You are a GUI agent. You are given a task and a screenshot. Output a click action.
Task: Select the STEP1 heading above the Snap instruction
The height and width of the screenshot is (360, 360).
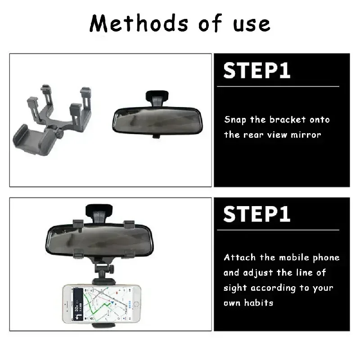click(257, 71)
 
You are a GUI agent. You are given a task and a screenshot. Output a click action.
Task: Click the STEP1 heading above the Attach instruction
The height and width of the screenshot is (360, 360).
click(257, 214)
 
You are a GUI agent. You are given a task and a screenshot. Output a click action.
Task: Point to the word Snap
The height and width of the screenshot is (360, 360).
click(235, 120)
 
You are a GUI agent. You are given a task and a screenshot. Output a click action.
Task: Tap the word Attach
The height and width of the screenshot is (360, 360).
click(240, 257)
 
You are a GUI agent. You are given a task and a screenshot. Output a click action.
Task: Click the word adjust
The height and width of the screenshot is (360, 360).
click(260, 273)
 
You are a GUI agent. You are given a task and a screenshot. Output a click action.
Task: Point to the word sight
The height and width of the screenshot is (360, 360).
click(235, 288)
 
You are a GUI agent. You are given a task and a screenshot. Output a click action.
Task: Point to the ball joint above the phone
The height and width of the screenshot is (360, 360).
click(103, 270)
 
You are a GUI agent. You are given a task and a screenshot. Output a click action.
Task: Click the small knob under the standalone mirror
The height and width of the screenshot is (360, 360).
click(156, 135)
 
